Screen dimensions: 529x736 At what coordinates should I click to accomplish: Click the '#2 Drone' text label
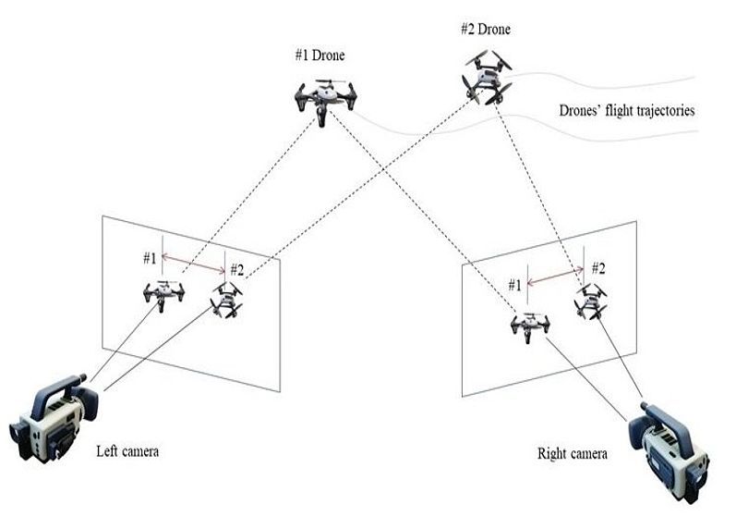point(486,30)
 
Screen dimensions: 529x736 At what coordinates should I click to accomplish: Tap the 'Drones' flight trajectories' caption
point(627,111)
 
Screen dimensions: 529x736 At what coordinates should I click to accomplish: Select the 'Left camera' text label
point(127,451)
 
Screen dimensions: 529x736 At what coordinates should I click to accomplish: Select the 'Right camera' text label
point(573,453)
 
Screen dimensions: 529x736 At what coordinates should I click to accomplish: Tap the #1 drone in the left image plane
point(163,294)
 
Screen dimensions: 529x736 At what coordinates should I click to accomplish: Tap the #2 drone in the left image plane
point(226,299)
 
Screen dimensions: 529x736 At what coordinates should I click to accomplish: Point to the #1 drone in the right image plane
point(529,325)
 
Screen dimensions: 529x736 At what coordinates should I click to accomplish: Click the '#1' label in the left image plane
point(148,257)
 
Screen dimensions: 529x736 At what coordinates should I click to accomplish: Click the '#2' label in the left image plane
point(236,270)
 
